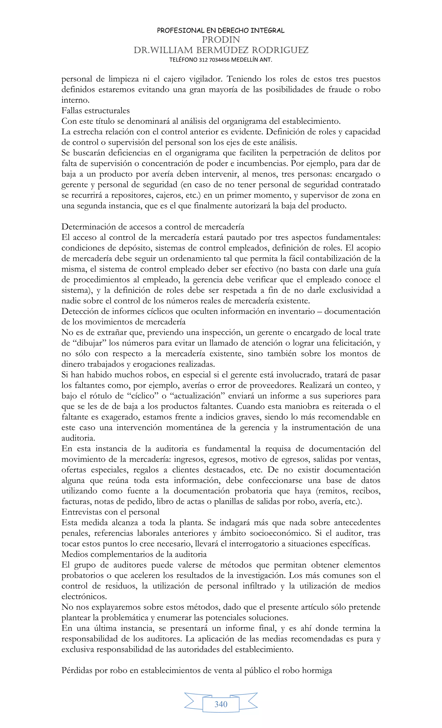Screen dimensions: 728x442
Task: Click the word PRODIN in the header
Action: [x=221, y=39]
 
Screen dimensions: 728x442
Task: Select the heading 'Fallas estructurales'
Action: [x=95, y=111]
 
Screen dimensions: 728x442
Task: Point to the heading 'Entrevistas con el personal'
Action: [x=110, y=512]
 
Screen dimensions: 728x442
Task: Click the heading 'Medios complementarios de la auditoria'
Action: [x=134, y=554]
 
